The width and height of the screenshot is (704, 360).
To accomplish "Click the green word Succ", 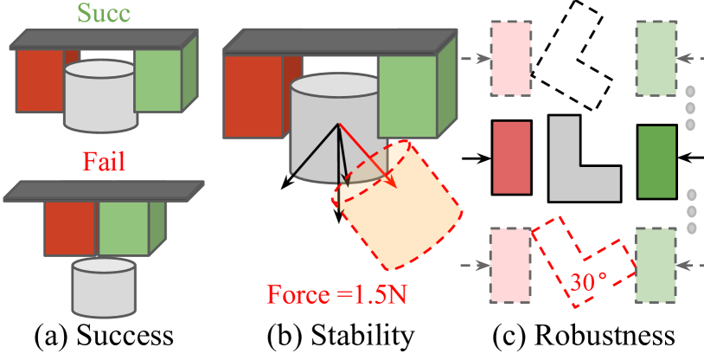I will click(x=104, y=13).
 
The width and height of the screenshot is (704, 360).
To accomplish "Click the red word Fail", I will click(x=105, y=162).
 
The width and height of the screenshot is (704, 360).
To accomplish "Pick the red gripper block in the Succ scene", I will click(x=36, y=80).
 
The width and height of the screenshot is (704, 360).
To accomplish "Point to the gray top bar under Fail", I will click(x=104, y=191).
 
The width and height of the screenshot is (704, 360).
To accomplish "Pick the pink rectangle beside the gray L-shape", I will click(x=511, y=157).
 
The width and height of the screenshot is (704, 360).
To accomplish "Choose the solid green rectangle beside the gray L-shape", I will click(x=656, y=162).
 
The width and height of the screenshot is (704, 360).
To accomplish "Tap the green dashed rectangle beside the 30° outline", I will click(x=656, y=265).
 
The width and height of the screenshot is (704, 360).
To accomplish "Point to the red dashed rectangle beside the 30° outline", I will click(x=510, y=265).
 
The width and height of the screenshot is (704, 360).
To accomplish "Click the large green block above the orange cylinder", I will click(x=406, y=96).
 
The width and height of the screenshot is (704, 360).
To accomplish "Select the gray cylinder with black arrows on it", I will click(x=320, y=130).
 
